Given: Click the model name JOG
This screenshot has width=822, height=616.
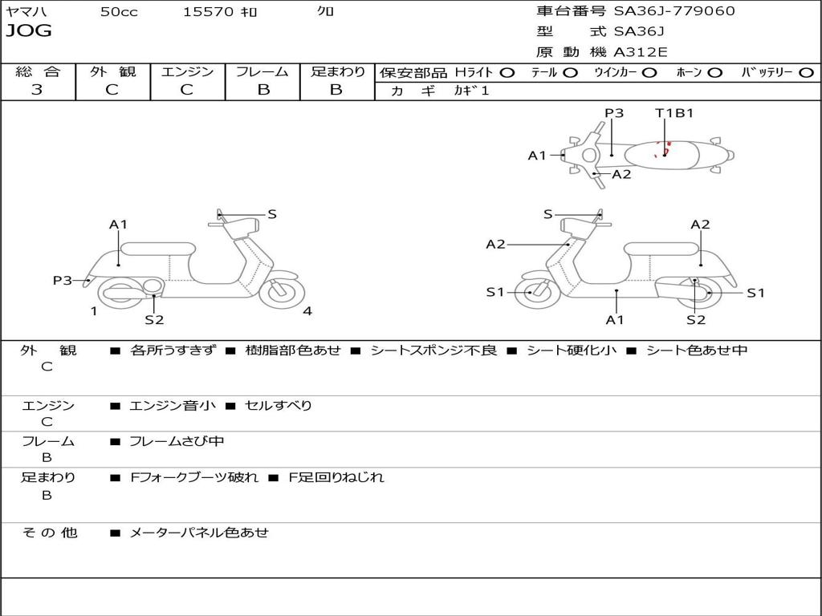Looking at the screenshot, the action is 29,31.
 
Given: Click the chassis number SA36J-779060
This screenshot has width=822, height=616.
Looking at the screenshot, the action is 674,10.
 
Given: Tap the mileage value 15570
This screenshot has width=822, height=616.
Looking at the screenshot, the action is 208,11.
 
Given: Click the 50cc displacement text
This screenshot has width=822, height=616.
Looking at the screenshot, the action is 119,11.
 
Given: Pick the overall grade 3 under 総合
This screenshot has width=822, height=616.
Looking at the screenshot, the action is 37,90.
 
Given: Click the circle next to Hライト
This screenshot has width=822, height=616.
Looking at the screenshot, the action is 507,73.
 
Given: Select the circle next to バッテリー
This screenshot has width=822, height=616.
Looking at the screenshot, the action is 806,73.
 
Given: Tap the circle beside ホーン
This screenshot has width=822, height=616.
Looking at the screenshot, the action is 714,73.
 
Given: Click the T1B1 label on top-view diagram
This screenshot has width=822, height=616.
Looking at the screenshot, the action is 674,112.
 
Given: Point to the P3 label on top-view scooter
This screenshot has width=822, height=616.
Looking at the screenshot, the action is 614,112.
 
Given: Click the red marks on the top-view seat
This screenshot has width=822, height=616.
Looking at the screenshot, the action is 663,149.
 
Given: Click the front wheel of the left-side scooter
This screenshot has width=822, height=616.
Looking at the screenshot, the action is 282,290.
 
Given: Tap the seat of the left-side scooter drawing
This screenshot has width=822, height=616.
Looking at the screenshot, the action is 158,249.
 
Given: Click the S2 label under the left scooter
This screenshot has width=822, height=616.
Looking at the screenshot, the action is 154,319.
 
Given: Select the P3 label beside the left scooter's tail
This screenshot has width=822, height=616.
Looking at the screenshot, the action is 63,280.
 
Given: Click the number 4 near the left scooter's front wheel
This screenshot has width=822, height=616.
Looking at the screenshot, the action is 307,311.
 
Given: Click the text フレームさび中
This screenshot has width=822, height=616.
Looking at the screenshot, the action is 177,442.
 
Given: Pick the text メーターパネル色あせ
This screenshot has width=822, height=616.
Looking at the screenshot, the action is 199,533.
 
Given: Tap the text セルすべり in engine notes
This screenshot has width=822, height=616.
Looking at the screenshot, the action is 279,405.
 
